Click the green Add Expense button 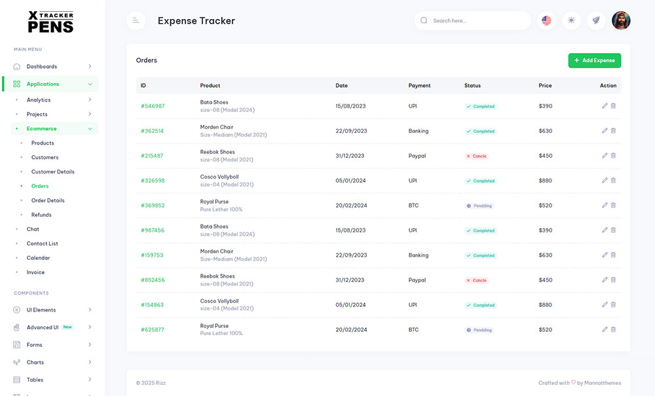tap(594, 60)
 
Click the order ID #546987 tap(153, 106)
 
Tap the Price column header tap(545, 86)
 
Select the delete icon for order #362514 tap(613, 131)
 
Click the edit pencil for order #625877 tap(605, 330)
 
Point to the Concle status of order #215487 tap(476, 156)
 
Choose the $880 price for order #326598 tap(546, 181)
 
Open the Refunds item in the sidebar tap(41, 215)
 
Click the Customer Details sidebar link tap(53, 171)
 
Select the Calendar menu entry tap(38, 258)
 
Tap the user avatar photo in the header tap(620, 20)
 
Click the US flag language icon tap(546, 20)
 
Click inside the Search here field tap(478, 20)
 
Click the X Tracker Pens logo tap(50, 22)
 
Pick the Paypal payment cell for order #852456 tap(417, 280)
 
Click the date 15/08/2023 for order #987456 tap(350, 230)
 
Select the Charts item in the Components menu tap(35, 362)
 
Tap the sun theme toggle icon tap(571, 20)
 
